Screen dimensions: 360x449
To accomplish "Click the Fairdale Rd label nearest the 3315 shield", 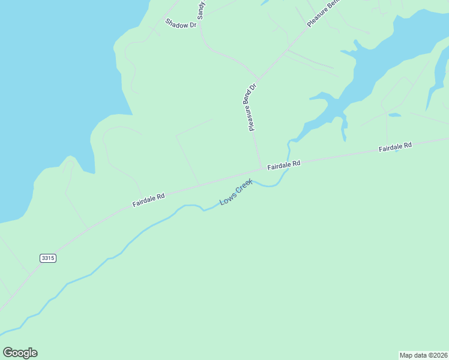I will [x=148, y=200].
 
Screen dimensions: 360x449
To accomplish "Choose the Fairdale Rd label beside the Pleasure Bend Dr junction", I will [x=283, y=164].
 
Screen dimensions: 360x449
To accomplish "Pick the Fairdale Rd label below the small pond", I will [x=394, y=146].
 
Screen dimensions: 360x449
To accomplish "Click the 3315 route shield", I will [x=48, y=258].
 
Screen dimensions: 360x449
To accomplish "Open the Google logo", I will [x=20, y=353].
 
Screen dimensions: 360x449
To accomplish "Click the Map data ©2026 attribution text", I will [x=424, y=355].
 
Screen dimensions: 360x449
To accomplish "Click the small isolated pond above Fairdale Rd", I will [x=394, y=115].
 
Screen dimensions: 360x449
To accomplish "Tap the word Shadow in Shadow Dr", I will [x=177, y=22].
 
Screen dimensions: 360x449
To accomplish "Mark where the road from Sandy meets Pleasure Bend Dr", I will [x=259, y=78].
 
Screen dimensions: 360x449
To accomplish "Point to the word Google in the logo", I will [x=20, y=353].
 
